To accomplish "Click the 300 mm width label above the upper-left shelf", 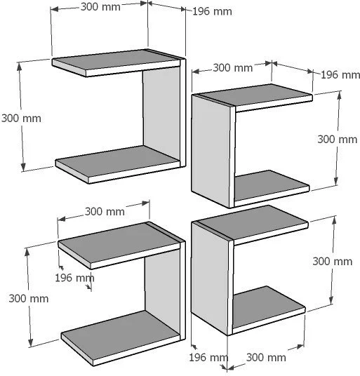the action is (100, 7).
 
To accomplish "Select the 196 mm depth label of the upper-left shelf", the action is (212, 11).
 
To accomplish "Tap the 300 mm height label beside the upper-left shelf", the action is (21, 119).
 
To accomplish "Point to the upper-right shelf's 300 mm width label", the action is (233, 68).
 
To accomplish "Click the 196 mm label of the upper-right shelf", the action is (340, 75).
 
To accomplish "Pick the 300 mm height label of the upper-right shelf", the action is (338, 140).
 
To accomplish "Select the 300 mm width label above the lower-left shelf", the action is (105, 212).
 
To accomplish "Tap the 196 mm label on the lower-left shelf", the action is (74, 278).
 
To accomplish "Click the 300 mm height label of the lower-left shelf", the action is (29, 299).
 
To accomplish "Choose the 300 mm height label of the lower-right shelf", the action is (333, 262).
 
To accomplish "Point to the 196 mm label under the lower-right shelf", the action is (208, 358).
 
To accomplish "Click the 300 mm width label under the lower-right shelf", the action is (266, 358).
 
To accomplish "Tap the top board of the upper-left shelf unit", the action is (116, 63).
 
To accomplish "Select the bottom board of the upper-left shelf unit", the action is (117, 165).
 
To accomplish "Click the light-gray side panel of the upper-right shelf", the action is (211, 151).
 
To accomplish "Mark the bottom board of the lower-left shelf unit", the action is (121, 338).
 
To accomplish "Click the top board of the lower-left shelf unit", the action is (119, 246).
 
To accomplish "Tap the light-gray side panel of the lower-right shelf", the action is (210, 278).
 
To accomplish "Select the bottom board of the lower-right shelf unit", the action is (269, 310).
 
